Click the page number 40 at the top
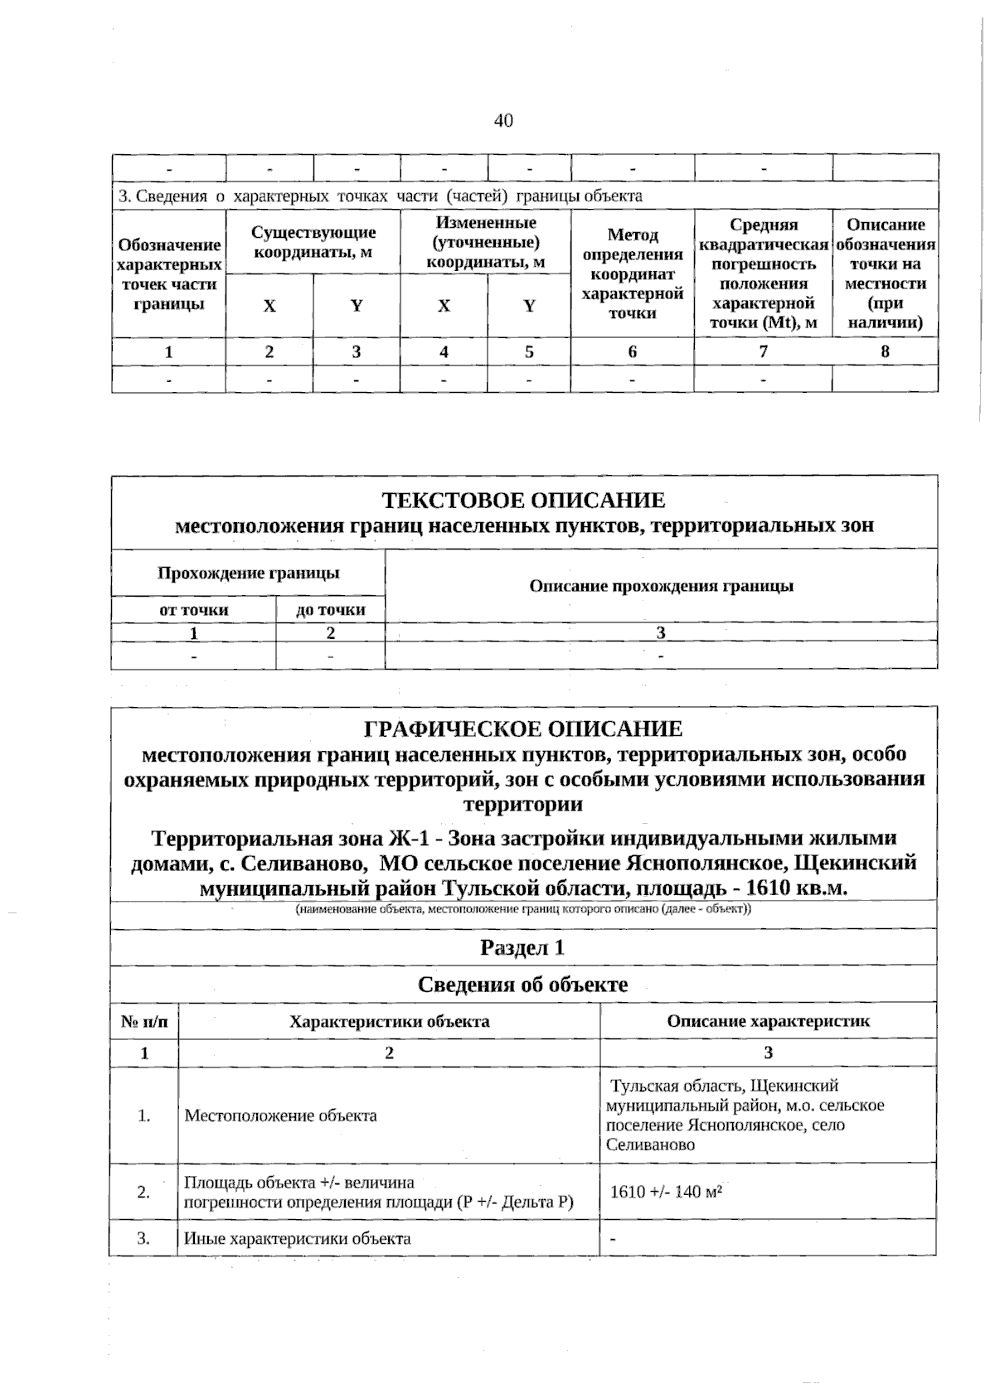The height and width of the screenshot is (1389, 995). (503, 121)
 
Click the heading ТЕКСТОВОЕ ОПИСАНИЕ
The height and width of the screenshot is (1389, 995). (523, 500)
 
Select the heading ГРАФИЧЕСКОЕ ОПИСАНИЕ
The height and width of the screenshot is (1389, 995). (523, 728)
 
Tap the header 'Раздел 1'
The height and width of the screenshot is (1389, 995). (522, 947)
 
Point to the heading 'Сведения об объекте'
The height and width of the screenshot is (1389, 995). (522, 985)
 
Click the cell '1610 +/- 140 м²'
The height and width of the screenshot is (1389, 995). (666, 1192)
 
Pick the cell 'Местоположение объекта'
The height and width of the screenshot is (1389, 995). (280, 1116)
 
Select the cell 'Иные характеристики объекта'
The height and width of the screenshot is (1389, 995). (297, 1238)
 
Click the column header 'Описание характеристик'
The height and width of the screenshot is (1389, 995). (768, 1021)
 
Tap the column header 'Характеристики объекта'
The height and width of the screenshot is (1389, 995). (389, 1021)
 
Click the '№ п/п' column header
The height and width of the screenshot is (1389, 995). (143, 1021)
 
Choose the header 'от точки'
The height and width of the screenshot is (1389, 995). (193, 610)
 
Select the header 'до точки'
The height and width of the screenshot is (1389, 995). (330, 610)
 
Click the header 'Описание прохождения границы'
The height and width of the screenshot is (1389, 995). (661, 586)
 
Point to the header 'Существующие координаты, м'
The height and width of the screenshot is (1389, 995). (313, 243)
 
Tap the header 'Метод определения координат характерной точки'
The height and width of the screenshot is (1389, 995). (632, 274)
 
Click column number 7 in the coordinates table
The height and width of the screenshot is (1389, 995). (763, 351)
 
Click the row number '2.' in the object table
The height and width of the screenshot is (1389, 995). (143, 1192)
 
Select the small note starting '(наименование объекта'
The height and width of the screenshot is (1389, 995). (523, 908)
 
